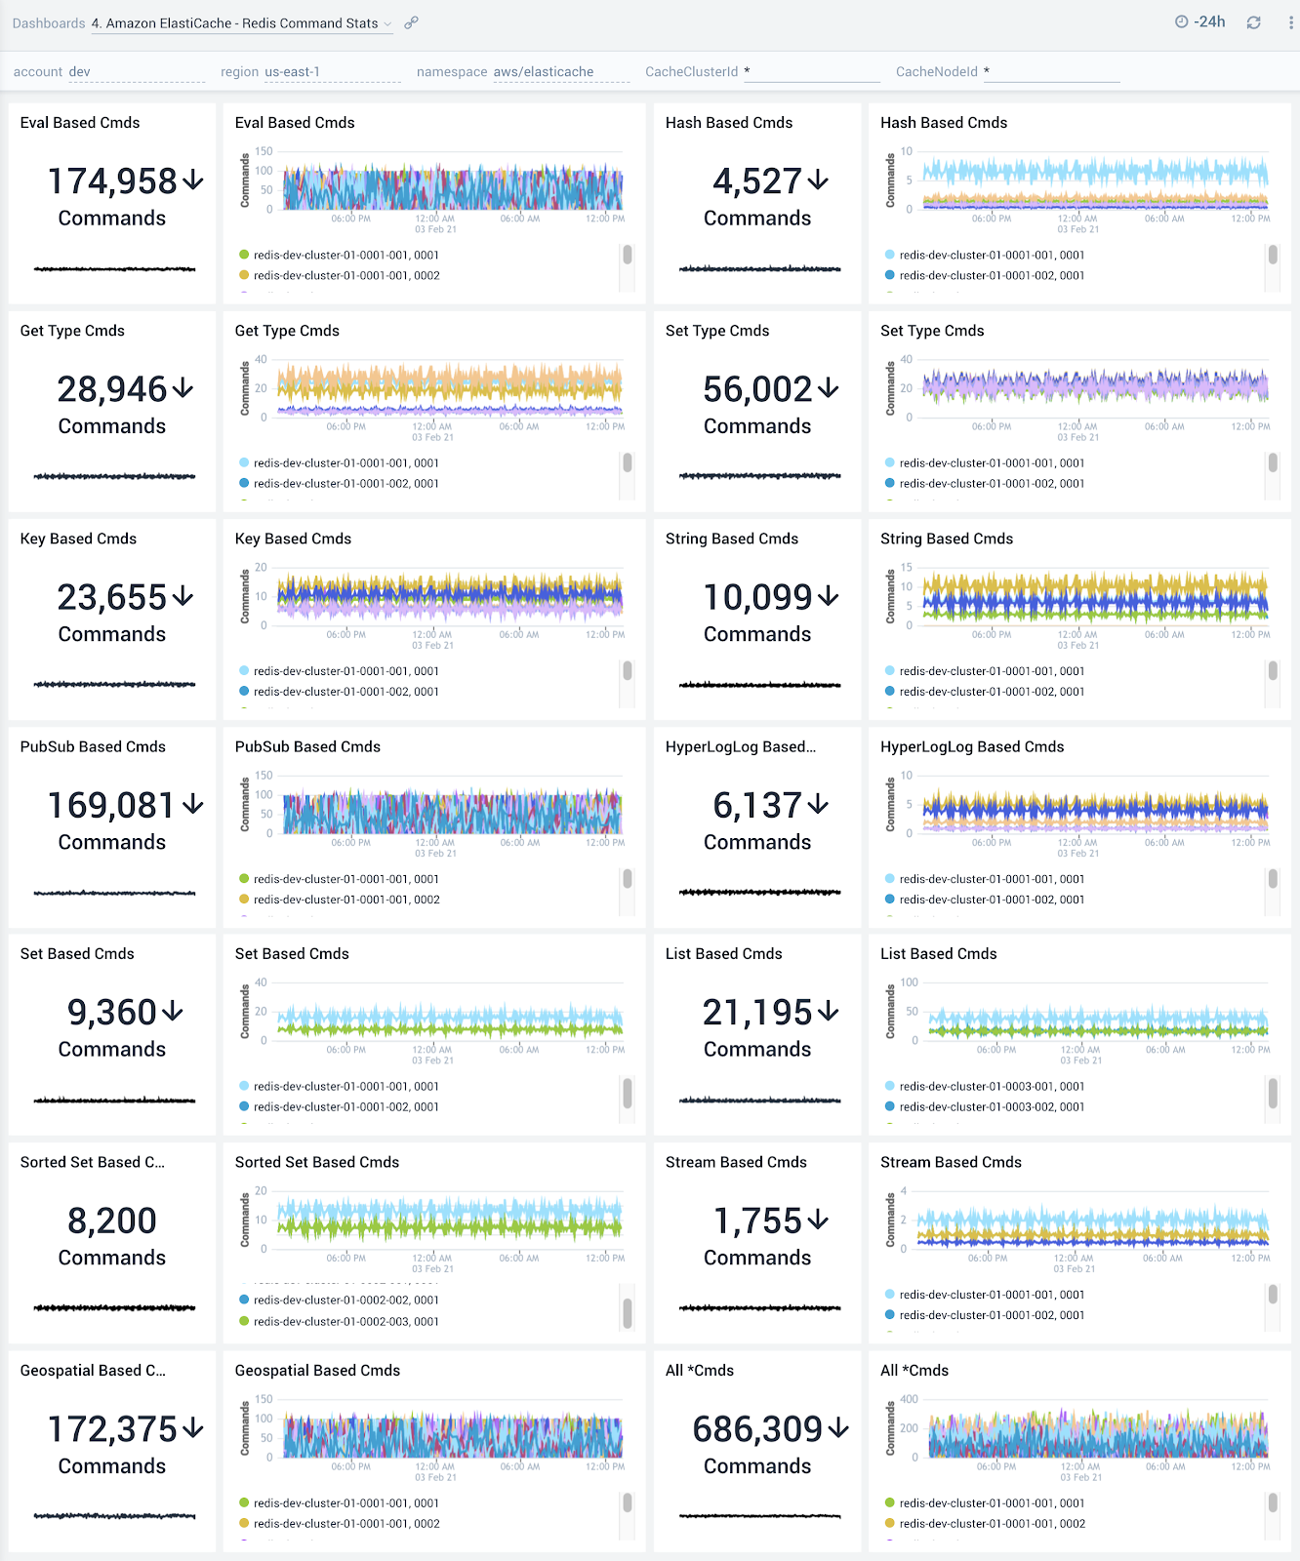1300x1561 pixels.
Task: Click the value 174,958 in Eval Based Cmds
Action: pyautogui.click(x=112, y=181)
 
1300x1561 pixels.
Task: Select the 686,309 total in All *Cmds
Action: pyautogui.click(x=757, y=1429)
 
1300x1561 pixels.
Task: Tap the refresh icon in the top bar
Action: pyautogui.click(x=1253, y=22)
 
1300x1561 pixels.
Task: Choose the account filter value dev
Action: pyautogui.click(x=80, y=72)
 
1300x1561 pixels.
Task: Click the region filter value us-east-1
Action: pyautogui.click(x=292, y=72)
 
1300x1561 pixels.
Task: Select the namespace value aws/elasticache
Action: pyautogui.click(x=544, y=72)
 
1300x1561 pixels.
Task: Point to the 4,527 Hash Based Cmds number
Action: pyautogui.click(x=756, y=181)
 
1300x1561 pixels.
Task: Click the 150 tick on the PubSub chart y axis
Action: pyautogui.click(x=264, y=776)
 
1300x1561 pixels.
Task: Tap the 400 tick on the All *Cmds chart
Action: pyautogui.click(x=909, y=1399)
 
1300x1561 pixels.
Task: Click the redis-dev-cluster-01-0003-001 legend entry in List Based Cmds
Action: pyautogui.click(x=992, y=1087)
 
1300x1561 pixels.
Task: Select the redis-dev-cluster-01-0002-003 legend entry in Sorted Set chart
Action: pyautogui.click(x=345, y=1322)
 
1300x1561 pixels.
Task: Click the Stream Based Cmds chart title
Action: pyautogui.click(x=951, y=1162)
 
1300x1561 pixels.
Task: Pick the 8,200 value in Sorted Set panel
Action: pyautogui.click(x=112, y=1221)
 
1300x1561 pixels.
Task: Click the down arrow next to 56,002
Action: pyautogui.click(x=829, y=388)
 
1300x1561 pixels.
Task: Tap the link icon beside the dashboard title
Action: pyautogui.click(x=412, y=22)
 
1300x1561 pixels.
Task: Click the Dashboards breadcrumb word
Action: pyautogui.click(x=49, y=23)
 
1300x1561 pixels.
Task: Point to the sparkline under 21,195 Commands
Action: pyautogui.click(x=759, y=1101)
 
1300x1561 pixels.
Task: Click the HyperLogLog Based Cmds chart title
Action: pyautogui.click(x=972, y=746)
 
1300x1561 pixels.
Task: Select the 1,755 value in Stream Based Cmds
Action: pyautogui.click(x=757, y=1221)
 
